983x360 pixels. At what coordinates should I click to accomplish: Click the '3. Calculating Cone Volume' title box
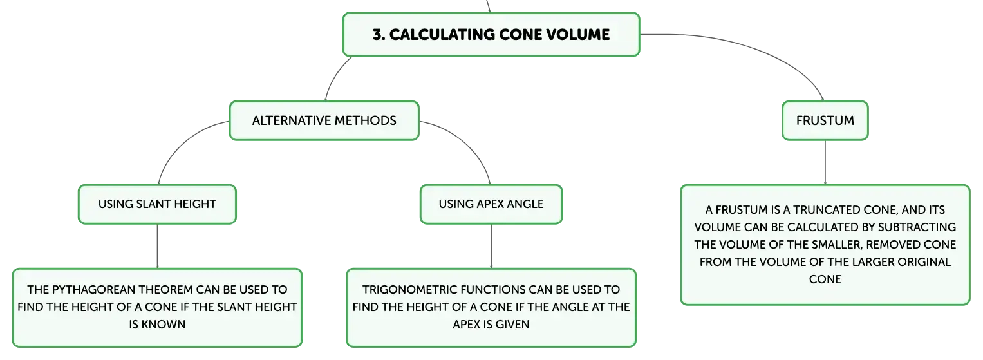491,35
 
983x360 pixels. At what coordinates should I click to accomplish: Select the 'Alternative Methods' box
324,120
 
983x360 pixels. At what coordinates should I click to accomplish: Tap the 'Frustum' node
825,120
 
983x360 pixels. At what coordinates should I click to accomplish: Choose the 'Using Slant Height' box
157,204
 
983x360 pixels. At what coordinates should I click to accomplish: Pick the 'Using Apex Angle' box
491,204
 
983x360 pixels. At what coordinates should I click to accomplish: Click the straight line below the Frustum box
825,162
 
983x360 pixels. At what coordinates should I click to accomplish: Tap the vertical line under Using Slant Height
157,246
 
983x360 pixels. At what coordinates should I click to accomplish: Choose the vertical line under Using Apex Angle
491,246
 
